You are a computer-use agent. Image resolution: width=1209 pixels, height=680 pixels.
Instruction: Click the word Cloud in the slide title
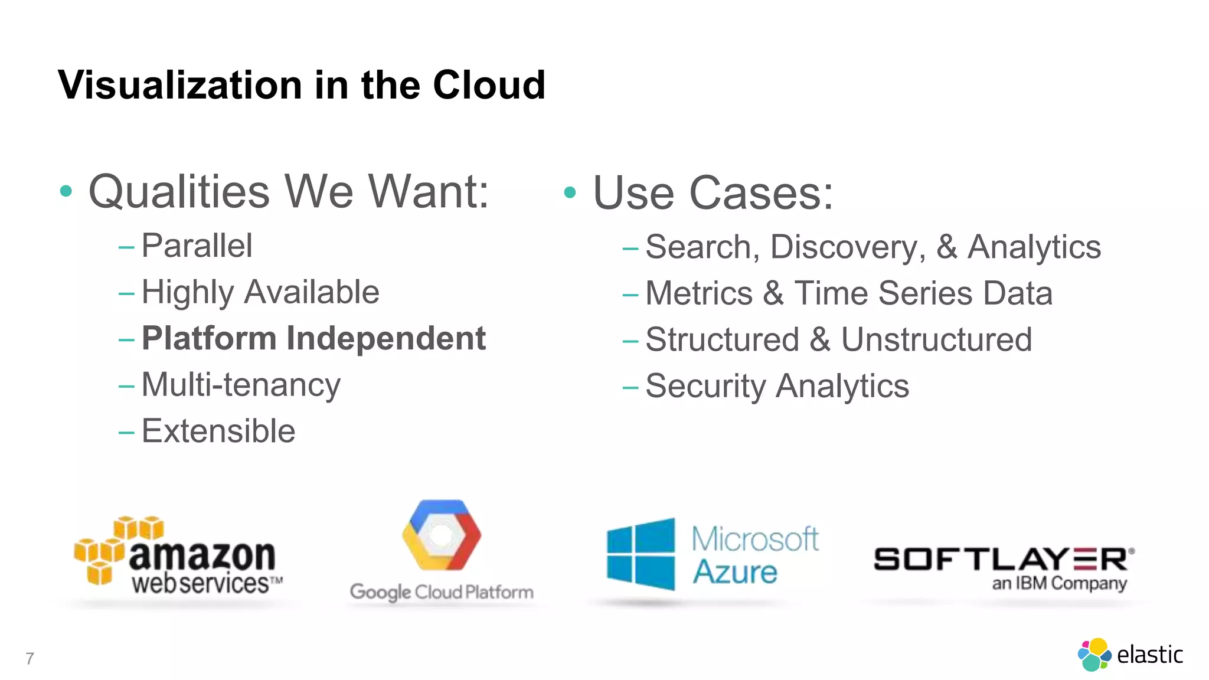coord(489,85)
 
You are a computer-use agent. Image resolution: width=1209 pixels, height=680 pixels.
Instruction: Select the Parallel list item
coord(197,246)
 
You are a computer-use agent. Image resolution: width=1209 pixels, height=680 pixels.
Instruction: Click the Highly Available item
coord(260,292)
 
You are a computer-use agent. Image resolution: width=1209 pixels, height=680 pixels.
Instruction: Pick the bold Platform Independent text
coord(313,338)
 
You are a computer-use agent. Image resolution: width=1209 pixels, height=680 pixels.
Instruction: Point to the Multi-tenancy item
coord(241,385)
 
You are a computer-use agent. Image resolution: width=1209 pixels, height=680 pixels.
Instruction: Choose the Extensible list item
coord(218,431)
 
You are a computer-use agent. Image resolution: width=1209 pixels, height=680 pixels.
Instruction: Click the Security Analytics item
coord(777,386)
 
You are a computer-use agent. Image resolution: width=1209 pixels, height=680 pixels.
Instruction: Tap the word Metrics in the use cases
coord(699,293)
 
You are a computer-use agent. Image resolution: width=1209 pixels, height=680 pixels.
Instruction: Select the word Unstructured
coord(936,339)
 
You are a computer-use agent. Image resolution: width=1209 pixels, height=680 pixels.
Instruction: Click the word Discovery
coord(848,247)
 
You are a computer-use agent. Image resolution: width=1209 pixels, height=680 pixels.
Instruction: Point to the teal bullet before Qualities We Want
coord(66,191)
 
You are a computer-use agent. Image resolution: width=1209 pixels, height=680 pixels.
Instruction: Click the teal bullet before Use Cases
coord(570,192)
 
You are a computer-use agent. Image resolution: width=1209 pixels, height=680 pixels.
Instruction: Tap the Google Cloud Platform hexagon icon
coord(442,535)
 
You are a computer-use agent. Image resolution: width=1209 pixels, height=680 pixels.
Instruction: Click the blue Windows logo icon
coord(641,554)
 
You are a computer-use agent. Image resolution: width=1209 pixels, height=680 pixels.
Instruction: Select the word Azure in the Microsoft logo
coord(735,572)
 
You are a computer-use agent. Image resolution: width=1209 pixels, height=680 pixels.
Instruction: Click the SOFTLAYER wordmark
coord(1004,559)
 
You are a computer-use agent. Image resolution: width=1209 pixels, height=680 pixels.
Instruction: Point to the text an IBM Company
coord(1059,584)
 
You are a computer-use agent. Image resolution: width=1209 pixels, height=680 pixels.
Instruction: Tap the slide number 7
coord(30,658)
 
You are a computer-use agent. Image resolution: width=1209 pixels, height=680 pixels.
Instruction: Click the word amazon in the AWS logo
coord(202,556)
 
